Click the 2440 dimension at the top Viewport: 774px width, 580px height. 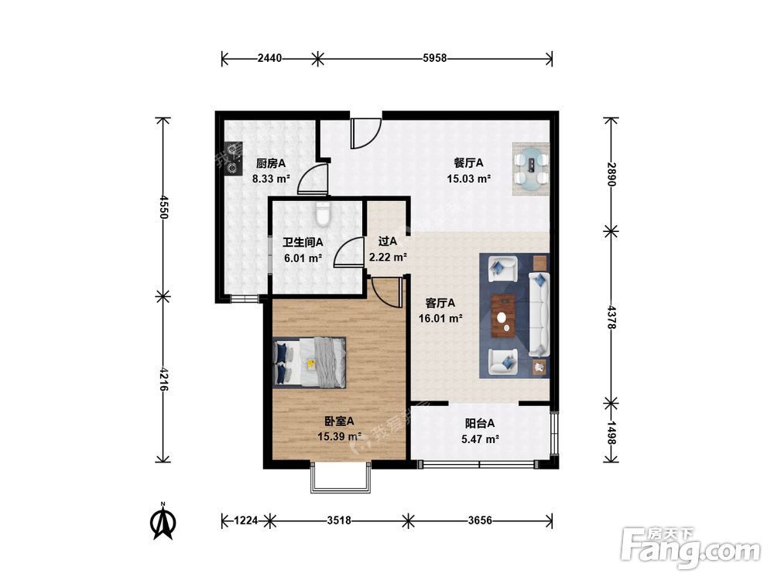pyautogui.click(x=269, y=58)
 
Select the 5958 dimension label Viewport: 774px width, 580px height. pyautogui.click(x=435, y=58)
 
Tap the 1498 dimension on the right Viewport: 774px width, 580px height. pyautogui.click(x=611, y=432)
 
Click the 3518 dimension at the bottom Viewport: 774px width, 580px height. pyautogui.click(x=339, y=520)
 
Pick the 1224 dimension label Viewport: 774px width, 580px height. pyautogui.click(x=246, y=520)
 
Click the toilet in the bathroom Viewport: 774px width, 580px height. pyautogui.click(x=323, y=213)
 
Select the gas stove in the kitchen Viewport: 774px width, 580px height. pyautogui.click(x=232, y=159)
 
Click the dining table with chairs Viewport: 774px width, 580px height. pyautogui.click(x=531, y=169)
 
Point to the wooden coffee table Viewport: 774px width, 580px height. pyautogui.click(x=504, y=316)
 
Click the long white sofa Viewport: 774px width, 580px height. pyautogui.click(x=539, y=314)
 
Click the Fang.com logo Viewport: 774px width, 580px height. pyautogui.click(x=690, y=548)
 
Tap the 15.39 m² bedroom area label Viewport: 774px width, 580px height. pyautogui.click(x=339, y=436)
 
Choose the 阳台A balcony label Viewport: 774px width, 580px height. pyautogui.click(x=480, y=423)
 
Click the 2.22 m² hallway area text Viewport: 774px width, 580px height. pyautogui.click(x=388, y=257)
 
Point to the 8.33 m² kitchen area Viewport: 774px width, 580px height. pyautogui.click(x=271, y=179)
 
